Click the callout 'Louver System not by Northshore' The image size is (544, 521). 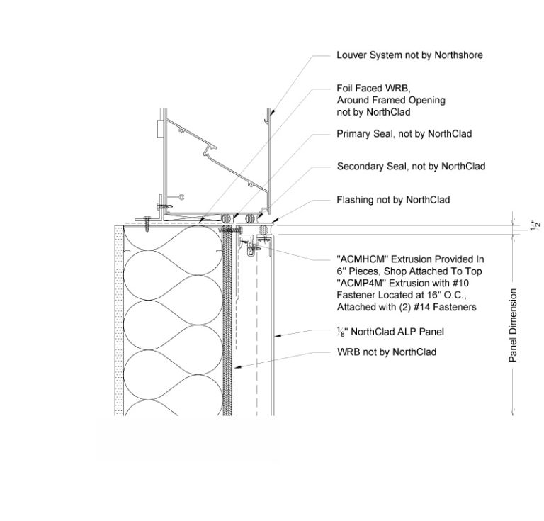point(409,55)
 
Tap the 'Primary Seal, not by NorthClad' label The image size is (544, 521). point(404,133)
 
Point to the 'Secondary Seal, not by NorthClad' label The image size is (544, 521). point(411,167)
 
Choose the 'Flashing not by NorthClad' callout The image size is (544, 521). point(393,200)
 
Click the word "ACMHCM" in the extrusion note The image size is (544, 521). point(361,260)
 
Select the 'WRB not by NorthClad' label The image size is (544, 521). point(386,352)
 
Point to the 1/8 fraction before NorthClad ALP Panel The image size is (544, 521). point(341,332)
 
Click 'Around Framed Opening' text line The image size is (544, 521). point(391,100)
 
